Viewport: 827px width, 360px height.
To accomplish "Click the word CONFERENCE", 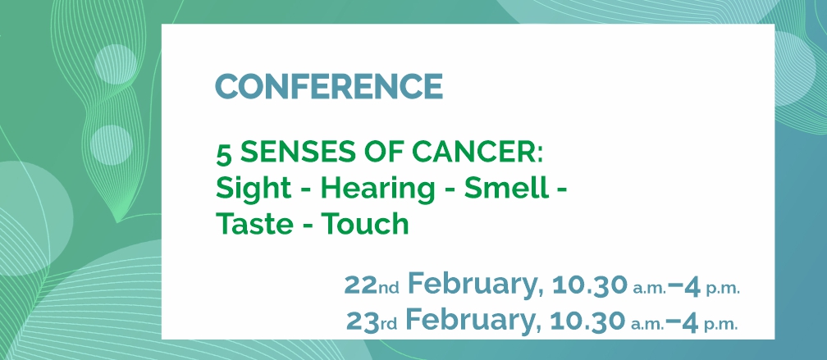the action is tap(329, 86).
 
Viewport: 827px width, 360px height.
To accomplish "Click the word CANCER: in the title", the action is tap(476, 153).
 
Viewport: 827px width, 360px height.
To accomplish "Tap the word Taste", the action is tap(254, 224).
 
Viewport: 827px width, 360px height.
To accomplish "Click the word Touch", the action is tap(366, 224).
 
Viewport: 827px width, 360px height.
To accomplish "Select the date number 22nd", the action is tap(372, 285).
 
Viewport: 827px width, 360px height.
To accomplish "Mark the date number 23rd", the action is tap(372, 321).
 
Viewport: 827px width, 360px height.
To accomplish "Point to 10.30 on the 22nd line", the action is tap(590, 285).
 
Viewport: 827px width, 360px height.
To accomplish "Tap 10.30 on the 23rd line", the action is tap(587, 321).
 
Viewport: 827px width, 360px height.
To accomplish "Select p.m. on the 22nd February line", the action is tap(723, 290).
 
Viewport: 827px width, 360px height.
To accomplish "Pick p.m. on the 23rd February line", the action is tap(720, 326).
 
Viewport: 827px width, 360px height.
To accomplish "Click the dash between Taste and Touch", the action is tap(308, 226).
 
